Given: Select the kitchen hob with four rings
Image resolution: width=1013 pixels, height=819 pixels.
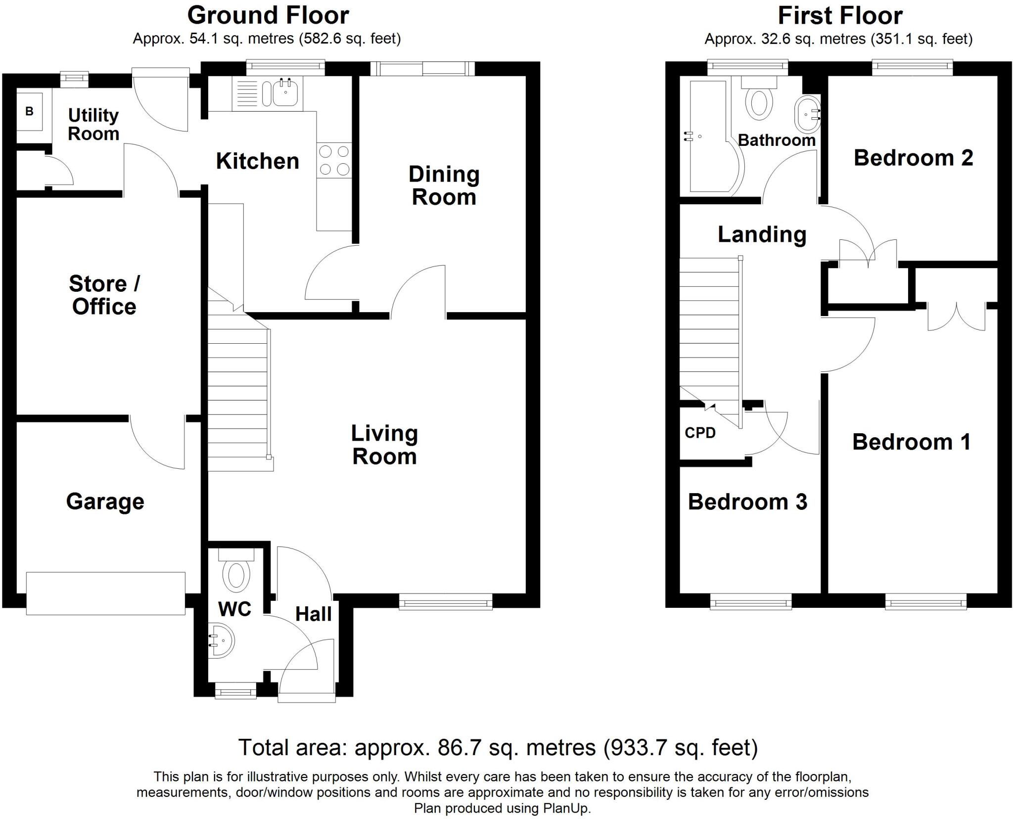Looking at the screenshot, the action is pos(334,160).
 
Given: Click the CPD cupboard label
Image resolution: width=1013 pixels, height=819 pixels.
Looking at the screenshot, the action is pos(700,433).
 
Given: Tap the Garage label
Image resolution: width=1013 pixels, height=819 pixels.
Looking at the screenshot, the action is pos(105,501).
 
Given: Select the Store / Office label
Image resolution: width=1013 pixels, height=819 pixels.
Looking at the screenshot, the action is pos(104,295).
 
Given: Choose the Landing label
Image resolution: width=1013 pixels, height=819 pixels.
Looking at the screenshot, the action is pos(762,235).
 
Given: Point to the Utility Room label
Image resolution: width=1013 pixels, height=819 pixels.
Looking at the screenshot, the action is pos(93,125).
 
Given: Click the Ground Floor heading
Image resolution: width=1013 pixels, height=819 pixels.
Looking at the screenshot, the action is pos(268,15).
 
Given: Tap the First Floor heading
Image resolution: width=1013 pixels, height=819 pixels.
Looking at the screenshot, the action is pos(840,15).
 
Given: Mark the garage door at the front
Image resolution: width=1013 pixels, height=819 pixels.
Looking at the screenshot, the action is pos(105,593).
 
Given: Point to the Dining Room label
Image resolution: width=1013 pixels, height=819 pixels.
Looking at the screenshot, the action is pos(444,186).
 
